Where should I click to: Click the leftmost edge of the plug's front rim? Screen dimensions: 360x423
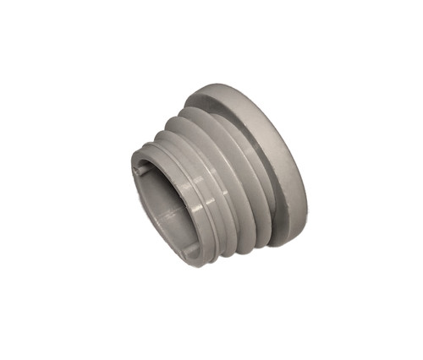[130, 182]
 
